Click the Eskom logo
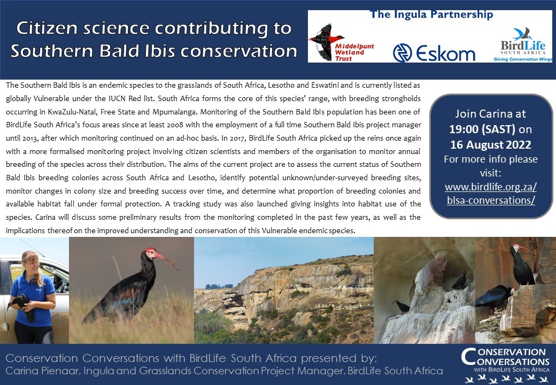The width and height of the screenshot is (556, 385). [434, 53]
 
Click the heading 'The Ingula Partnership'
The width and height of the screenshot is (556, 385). [431, 14]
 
